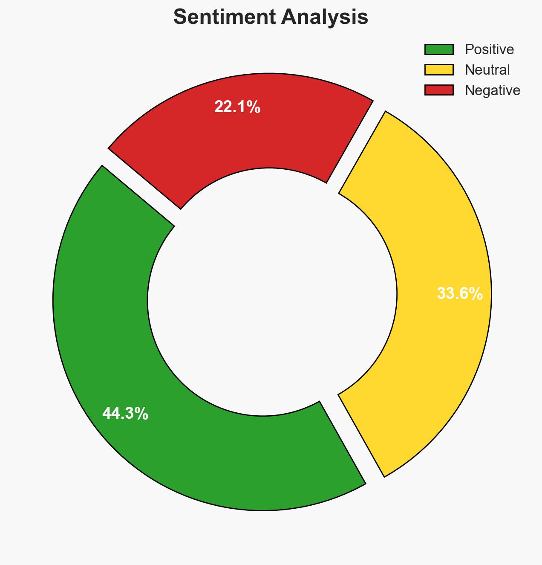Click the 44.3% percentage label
(x=125, y=414)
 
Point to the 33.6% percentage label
(x=460, y=294)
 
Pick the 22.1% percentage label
(x=237, y=107)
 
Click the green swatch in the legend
(x=439, y=49)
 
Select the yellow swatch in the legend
(x=439, y=70)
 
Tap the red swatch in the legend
(x=439, y=90)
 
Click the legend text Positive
(x=489, y=49)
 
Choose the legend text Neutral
(x=487, y=70)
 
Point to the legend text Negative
(x=492, y=90)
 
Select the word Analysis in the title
(x=324, y=17)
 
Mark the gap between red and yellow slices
(x=356, y=148)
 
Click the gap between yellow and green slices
(x=352, y=439)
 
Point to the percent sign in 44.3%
(x=141, y=414)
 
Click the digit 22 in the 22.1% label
(x=223, y=107)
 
